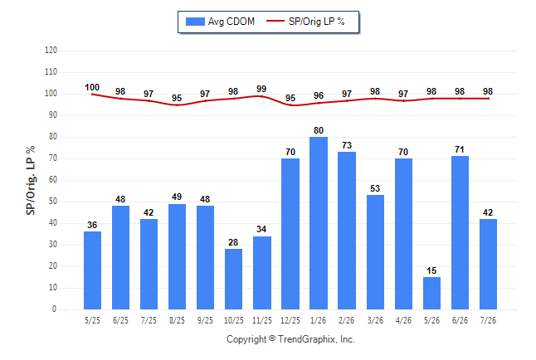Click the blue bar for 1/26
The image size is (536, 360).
319,223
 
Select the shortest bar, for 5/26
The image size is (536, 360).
431,293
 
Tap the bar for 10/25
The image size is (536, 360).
233,279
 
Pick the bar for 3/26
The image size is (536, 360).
375,252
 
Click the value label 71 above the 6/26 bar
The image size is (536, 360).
460,149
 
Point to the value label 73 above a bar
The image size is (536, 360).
347,145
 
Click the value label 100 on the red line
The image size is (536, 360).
92,88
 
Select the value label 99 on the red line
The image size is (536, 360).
261,89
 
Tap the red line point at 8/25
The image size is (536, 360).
177,105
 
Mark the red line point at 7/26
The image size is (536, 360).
488,99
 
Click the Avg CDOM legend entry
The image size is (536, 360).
220,22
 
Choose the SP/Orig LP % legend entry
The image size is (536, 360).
305,22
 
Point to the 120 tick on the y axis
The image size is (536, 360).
51,51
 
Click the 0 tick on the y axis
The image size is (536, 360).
54,309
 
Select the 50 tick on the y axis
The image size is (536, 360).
52,202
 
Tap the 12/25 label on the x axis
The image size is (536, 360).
290,320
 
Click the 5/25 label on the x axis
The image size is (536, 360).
92,320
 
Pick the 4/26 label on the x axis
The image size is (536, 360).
403,320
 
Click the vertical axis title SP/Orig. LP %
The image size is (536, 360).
31,180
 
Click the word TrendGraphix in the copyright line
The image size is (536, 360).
307,339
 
